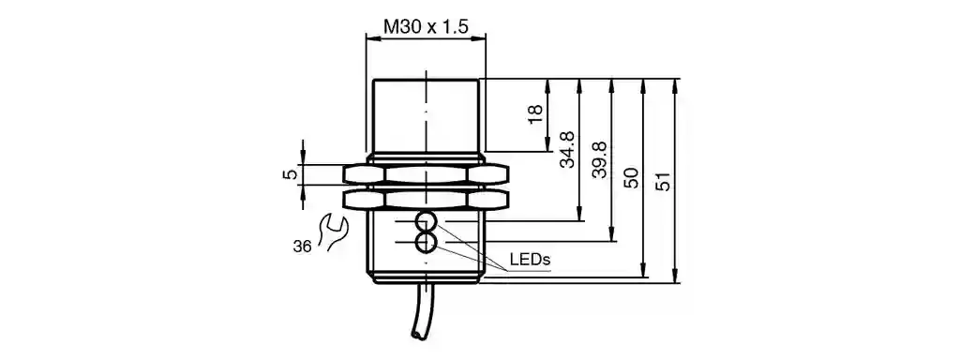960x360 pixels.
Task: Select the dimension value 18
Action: coord(535,114)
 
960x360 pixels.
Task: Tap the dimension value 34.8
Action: coord(567,150)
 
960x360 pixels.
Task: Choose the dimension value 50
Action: coord(632,177)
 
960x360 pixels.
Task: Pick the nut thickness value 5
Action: coord(292,174)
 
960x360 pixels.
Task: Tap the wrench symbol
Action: coord(336,232)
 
